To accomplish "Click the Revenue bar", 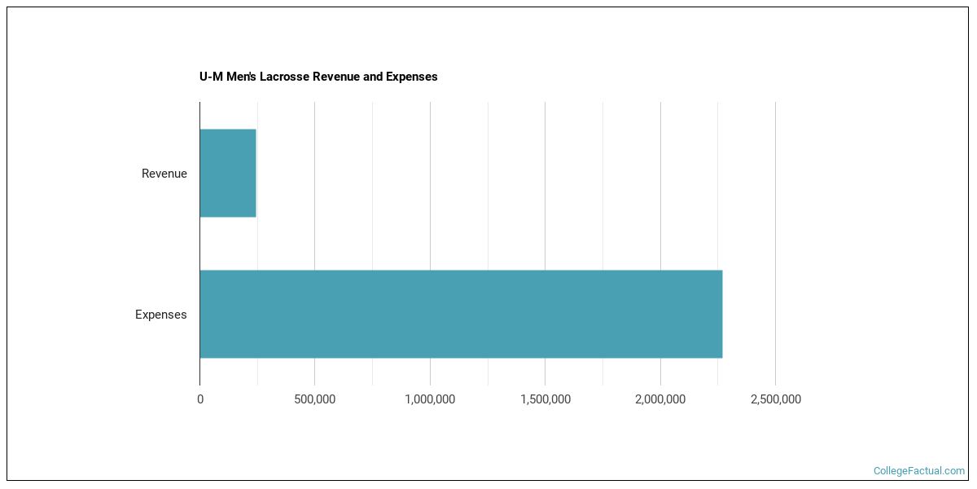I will (x=228, y=173).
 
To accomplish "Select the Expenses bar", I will (x=461, y=314).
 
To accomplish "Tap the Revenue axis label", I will (x=164, y=174).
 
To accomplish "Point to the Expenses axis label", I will (x=160, y=315).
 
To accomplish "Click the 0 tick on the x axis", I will (x=200, y=399).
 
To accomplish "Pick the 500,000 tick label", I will (x=315, y=399).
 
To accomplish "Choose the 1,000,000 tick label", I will (x=430, y=399).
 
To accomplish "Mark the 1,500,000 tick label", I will (x=545, y=399).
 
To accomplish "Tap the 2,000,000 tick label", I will (x=660, y=399).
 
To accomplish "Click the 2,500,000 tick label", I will (x=775, y=399).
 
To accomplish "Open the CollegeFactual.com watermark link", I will (x=918, y=471).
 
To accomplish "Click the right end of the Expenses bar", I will (x=721, y=314).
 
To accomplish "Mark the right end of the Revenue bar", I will (x=255, y=173).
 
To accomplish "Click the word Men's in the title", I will (x=242, y=77).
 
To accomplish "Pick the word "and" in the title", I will (x=373, y=77).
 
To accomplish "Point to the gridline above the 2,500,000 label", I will (x=775, y=244).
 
